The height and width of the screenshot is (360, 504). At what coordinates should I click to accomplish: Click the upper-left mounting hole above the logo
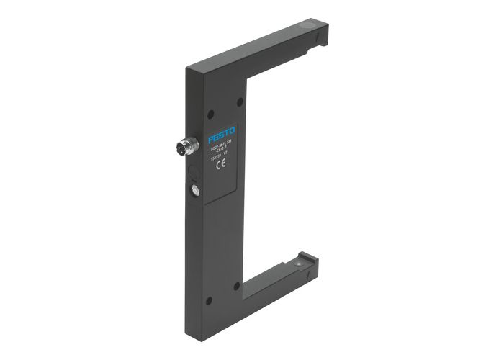pos(211,113)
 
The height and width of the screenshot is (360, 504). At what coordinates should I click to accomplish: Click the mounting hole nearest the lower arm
pos(236,286)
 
